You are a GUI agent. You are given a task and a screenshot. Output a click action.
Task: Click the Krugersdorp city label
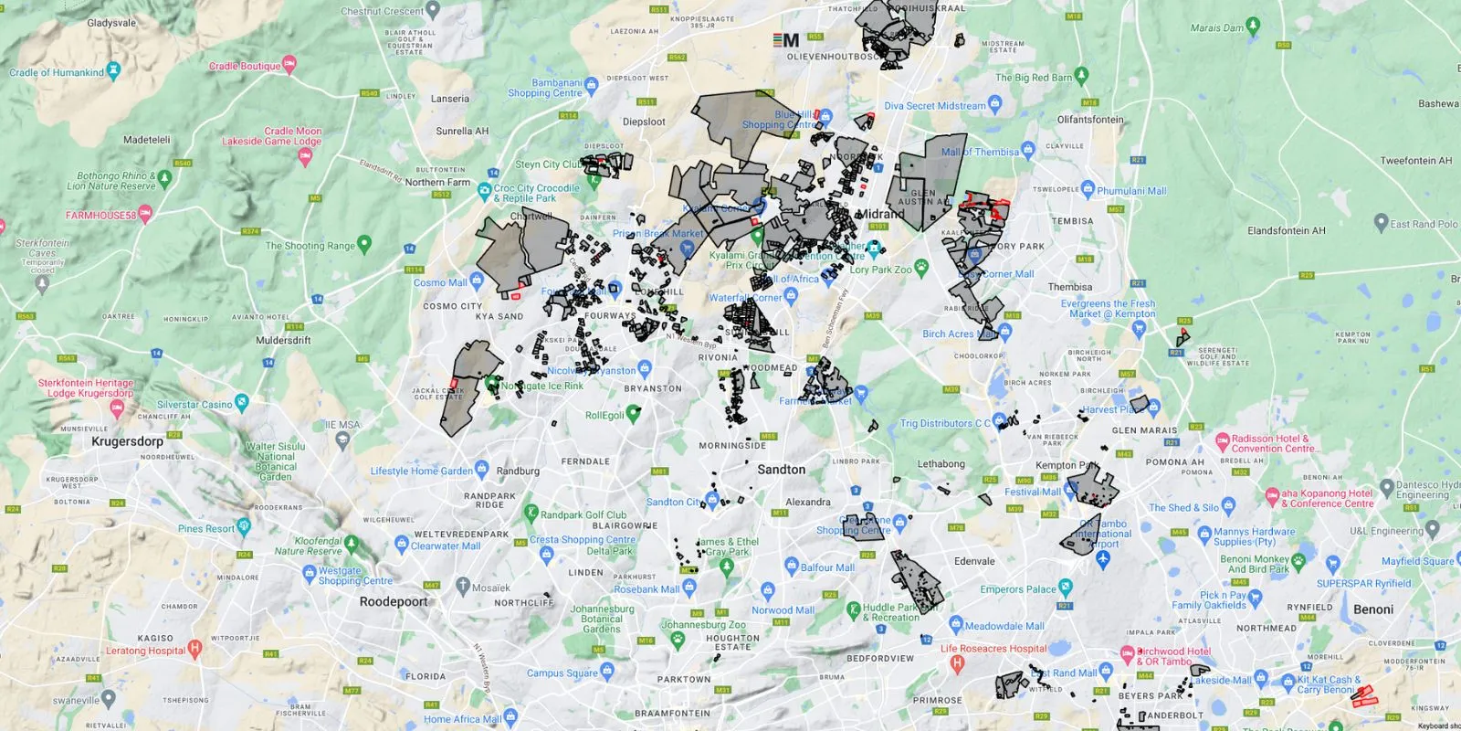pyautogui.click(x=127, y=441)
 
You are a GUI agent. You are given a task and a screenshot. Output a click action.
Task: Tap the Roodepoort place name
pyautogui.click(x=394, y=602)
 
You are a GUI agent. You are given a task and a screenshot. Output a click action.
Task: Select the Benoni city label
pyautogui.click(x=1373, y=609)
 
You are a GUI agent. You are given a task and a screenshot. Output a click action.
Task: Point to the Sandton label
pyautogui.click(x=782, y=470)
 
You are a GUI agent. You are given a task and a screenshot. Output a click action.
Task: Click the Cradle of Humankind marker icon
pyautogui.click(x=113, y=69)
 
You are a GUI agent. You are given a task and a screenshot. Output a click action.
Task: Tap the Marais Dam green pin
pyautogui.click(x=1253, y=25)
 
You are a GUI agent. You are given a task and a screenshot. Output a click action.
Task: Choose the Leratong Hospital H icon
pyautogui.click(x=194, y=648)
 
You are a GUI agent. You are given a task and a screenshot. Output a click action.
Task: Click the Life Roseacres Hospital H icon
pyautogui.click(x=957, y=663)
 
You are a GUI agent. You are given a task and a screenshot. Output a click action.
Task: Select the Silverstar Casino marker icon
pyautogui.click(x=241, y=401)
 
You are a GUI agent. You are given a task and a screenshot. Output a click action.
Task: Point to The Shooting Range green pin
pyautogui.click(x=364, y=243)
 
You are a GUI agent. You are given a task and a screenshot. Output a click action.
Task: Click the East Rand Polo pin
pyautogui.click(x=1381, y=221)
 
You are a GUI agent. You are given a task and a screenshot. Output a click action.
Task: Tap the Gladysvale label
pyautogui.click(x=111, y=23)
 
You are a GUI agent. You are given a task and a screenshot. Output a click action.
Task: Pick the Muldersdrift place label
pyautogui.click(x=283, y=341)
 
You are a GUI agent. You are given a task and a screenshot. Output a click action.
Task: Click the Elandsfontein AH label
pyautogui.click(x=1286, y=231)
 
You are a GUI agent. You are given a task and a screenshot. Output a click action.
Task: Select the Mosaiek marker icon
pyautogui.click(x=463, y=585)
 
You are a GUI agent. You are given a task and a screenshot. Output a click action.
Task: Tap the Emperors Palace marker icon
pyautogui.click(x=1065, y=587)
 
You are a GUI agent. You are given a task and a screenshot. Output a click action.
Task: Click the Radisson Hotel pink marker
pyautogui.click(x=1222, y=441)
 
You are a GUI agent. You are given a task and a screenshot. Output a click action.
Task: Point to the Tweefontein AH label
pyautogui.click(x=1415, y=161)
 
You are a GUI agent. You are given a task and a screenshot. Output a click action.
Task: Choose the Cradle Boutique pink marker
pyautogui.click(x=289, y=63)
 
